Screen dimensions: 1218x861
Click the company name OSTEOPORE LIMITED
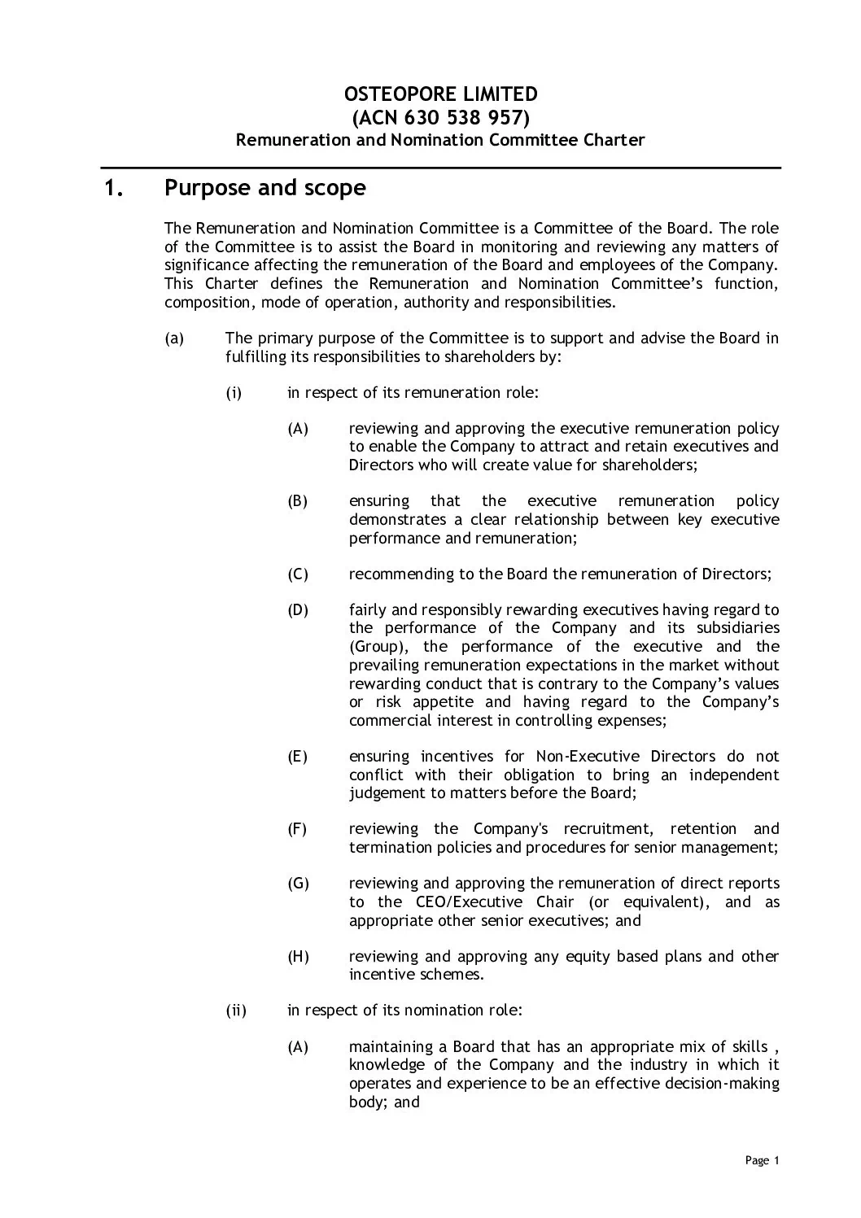(440, 94)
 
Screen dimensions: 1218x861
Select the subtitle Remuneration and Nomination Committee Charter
(440, 140)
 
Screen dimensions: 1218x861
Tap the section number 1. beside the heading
(116, 189)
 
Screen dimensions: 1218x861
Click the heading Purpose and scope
(265, 189)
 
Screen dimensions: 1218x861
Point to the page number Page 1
(763, 1161)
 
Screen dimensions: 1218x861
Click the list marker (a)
(174, 338)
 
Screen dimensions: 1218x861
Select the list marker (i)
(234, 393)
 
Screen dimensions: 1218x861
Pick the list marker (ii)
(236, 1011)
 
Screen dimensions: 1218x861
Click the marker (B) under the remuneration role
(298, 501)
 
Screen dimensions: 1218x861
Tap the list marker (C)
(298, 574)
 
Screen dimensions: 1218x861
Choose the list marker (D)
(298, 610)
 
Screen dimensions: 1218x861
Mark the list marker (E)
(298, 757)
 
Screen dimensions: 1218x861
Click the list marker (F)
(298, 829)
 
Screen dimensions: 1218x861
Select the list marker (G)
(299, 884)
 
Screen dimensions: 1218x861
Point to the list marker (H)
(299, 957)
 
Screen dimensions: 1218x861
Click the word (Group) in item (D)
(374, 647)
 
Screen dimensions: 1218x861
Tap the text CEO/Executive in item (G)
(445, 902)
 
